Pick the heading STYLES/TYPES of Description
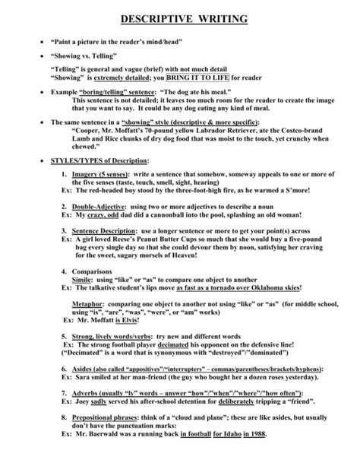99,160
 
